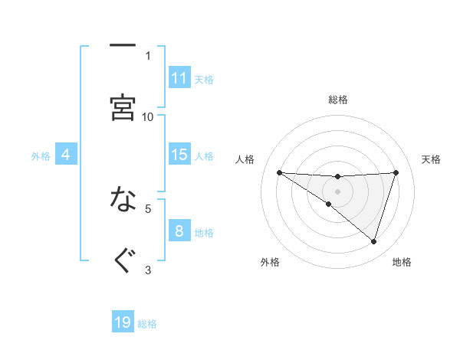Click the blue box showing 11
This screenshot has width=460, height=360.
point(179,78)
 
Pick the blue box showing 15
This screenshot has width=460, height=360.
point(179,155)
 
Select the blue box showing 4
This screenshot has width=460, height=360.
point(66,155)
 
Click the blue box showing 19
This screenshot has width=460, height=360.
point(123,322)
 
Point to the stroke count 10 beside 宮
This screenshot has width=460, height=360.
point(148,116)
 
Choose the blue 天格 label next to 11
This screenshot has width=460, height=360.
point(204,79)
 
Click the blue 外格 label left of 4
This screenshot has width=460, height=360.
point(41,155)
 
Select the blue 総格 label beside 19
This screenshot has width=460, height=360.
point(147,323)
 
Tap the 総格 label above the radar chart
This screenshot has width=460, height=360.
point(338,100)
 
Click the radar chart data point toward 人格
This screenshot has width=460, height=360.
point(279,172)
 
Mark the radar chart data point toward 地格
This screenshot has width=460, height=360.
point(373,241)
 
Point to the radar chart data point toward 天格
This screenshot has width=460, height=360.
point(396,172)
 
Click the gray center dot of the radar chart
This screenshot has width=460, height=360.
point(337,191)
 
